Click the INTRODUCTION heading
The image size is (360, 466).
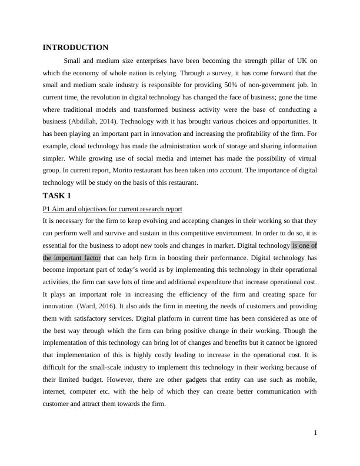pos(75,47)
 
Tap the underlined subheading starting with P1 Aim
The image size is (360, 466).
pos(112,209)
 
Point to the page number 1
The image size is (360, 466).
pos(315,433)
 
